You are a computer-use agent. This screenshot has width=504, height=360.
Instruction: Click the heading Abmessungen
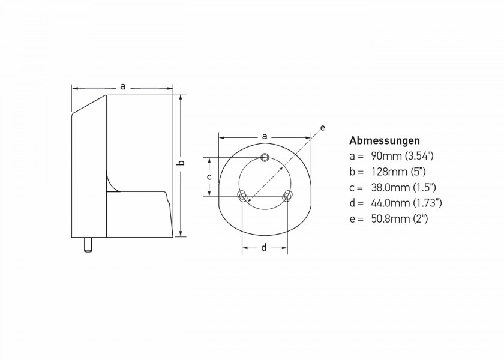tap(384, 142)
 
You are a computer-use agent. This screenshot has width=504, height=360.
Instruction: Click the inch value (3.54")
tap(419, 156)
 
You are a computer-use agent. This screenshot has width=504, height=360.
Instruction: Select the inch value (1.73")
tap(427, 203)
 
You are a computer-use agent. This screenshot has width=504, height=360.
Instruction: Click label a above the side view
tap(123, 87)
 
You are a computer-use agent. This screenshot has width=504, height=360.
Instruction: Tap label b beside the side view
tap(182, 163)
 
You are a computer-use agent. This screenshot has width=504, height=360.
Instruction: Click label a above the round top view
tap(265, 136)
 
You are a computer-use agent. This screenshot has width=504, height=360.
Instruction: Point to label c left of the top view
tap(209, 177)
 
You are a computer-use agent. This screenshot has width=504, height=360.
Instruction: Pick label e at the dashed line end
tap(323, 128)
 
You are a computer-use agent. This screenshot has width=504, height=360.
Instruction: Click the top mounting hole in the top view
tap(265, 158)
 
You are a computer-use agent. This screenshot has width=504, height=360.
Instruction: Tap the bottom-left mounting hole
tap(243, 196)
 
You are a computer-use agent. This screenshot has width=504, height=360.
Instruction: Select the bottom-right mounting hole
tap(287, 196)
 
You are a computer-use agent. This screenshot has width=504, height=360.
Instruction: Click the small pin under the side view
tap(88, 244)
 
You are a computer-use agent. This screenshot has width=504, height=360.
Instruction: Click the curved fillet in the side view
tap(110, 182)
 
